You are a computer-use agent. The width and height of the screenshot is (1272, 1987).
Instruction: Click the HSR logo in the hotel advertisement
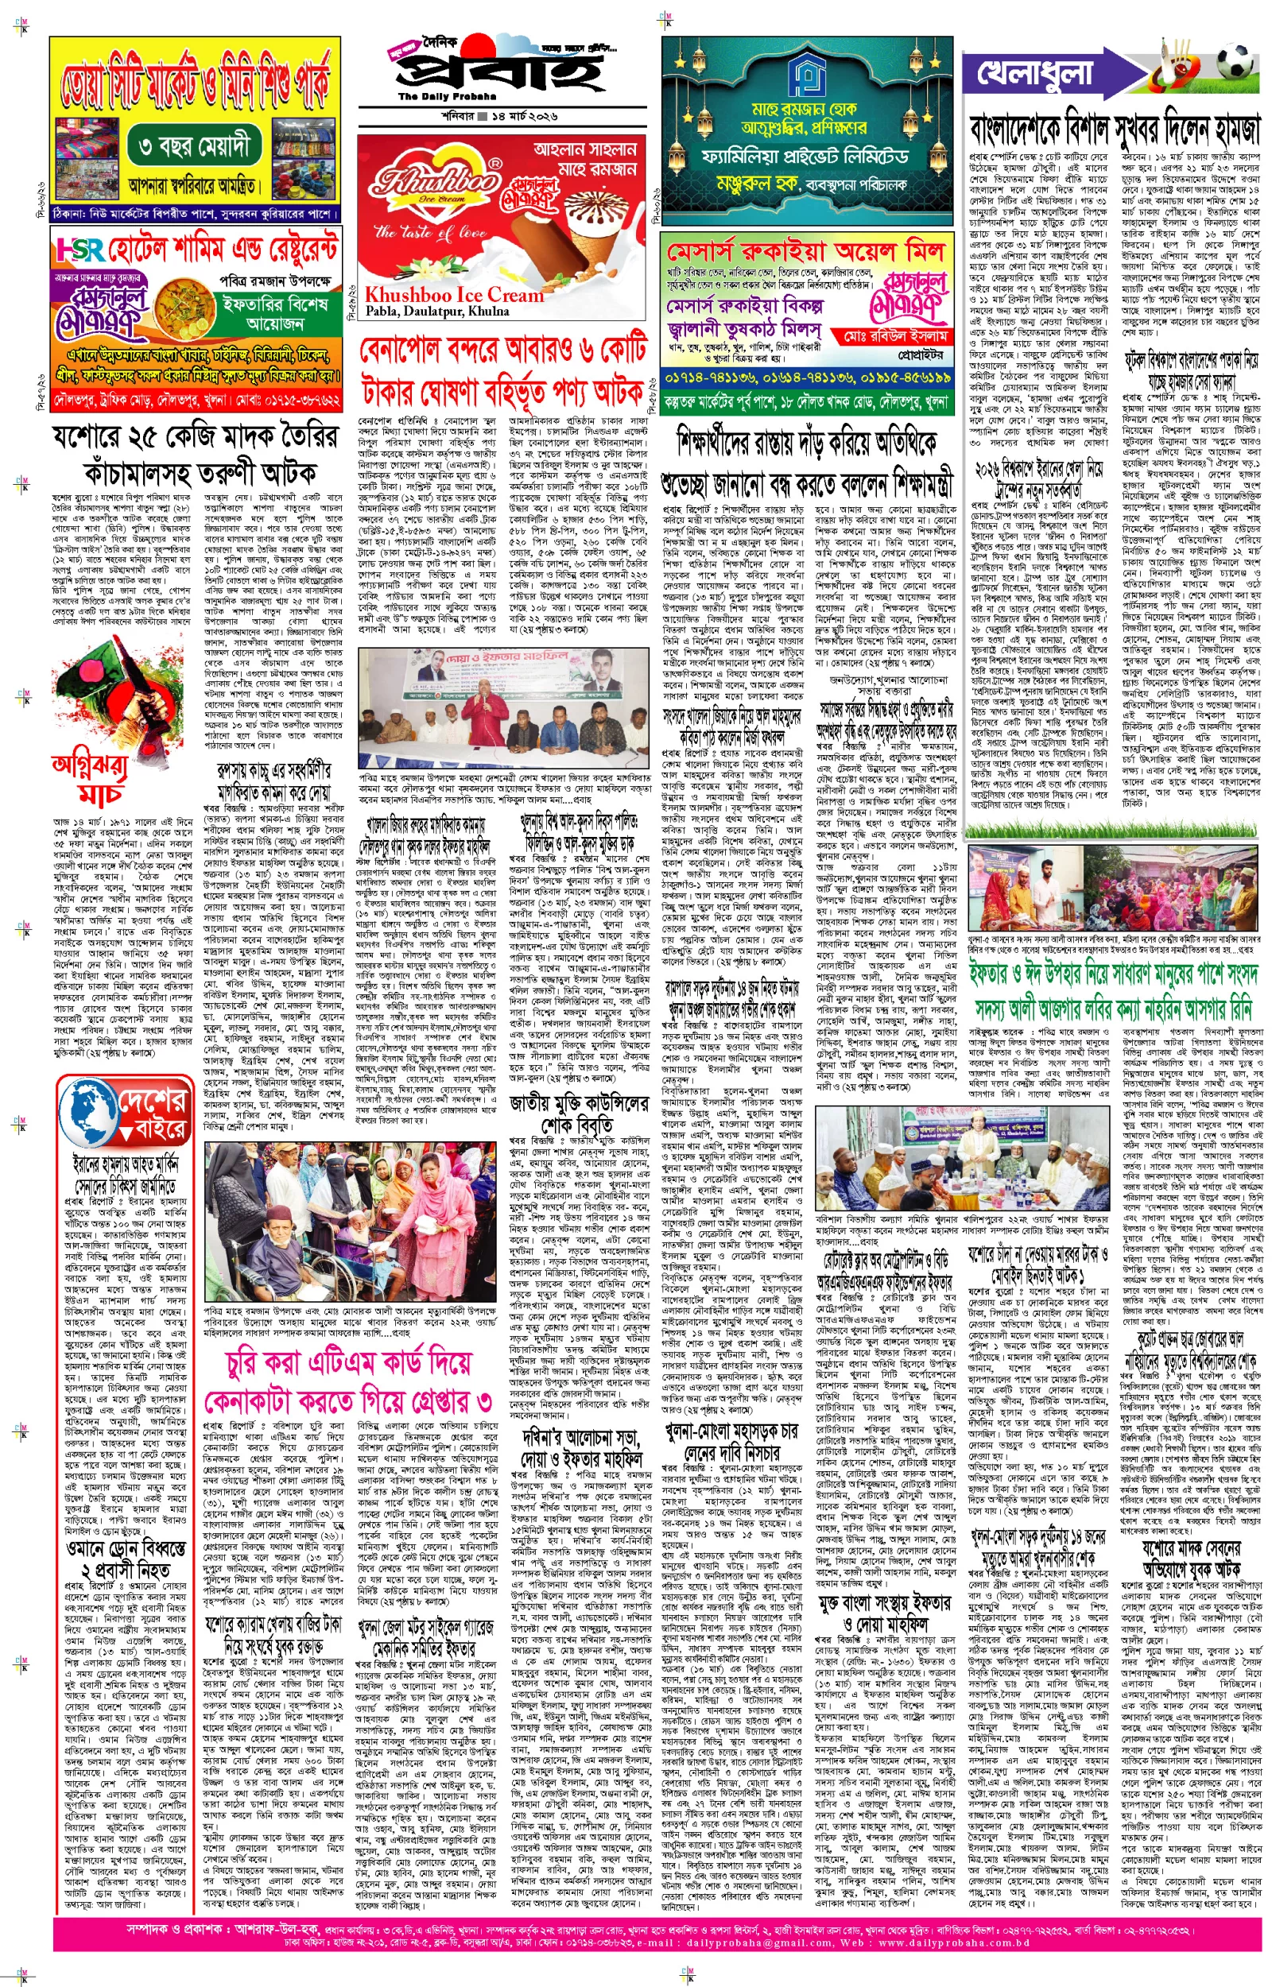(x=80, y=250)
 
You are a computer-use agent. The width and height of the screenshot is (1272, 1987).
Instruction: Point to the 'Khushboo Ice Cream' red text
(x=453, y=295)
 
